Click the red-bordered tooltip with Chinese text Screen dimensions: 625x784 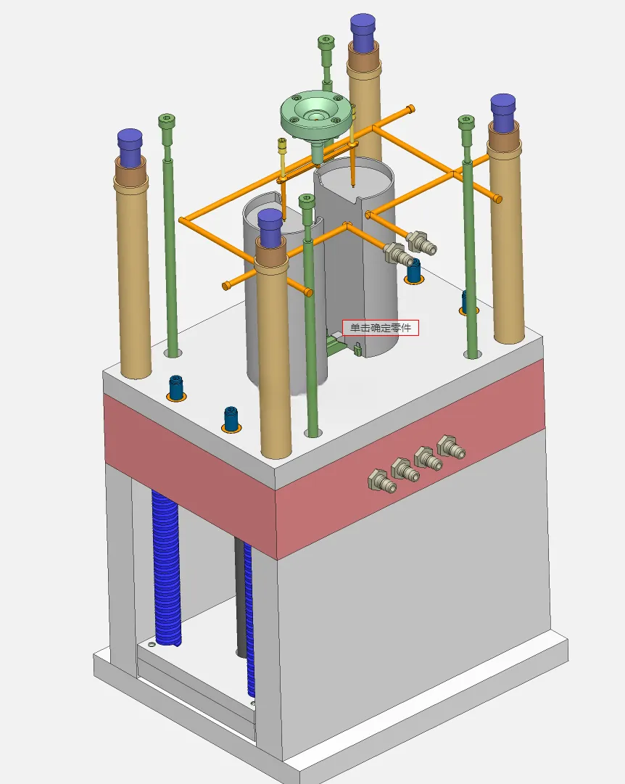point(381,328)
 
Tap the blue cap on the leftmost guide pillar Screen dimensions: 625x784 point(130,148)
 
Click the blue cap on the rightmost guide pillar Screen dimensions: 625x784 point(503,112)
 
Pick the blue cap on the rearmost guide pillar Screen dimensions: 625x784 point(363,33)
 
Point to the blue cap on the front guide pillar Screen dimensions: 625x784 point(270,228)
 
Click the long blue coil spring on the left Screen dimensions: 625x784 point(167,568)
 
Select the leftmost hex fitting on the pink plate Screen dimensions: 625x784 point(382,481)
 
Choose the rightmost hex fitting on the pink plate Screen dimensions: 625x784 point(452,447)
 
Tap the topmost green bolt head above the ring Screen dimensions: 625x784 point(326,41)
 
